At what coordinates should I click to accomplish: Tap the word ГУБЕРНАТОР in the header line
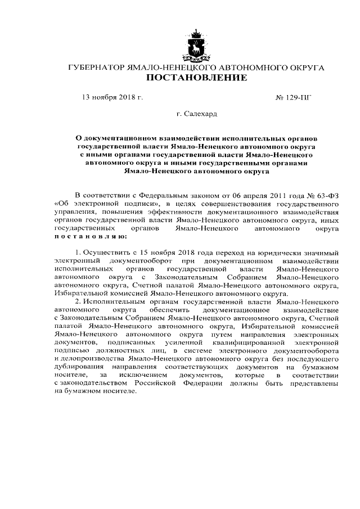tap(93, 67)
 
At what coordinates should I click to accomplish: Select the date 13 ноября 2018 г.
tap(112, 97)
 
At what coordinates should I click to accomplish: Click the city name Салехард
tap(196, 115)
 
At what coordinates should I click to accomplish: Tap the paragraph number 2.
tap(76, 302)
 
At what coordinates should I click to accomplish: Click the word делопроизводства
tap(92, 359)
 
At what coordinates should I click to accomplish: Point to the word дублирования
tap(78, 367)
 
